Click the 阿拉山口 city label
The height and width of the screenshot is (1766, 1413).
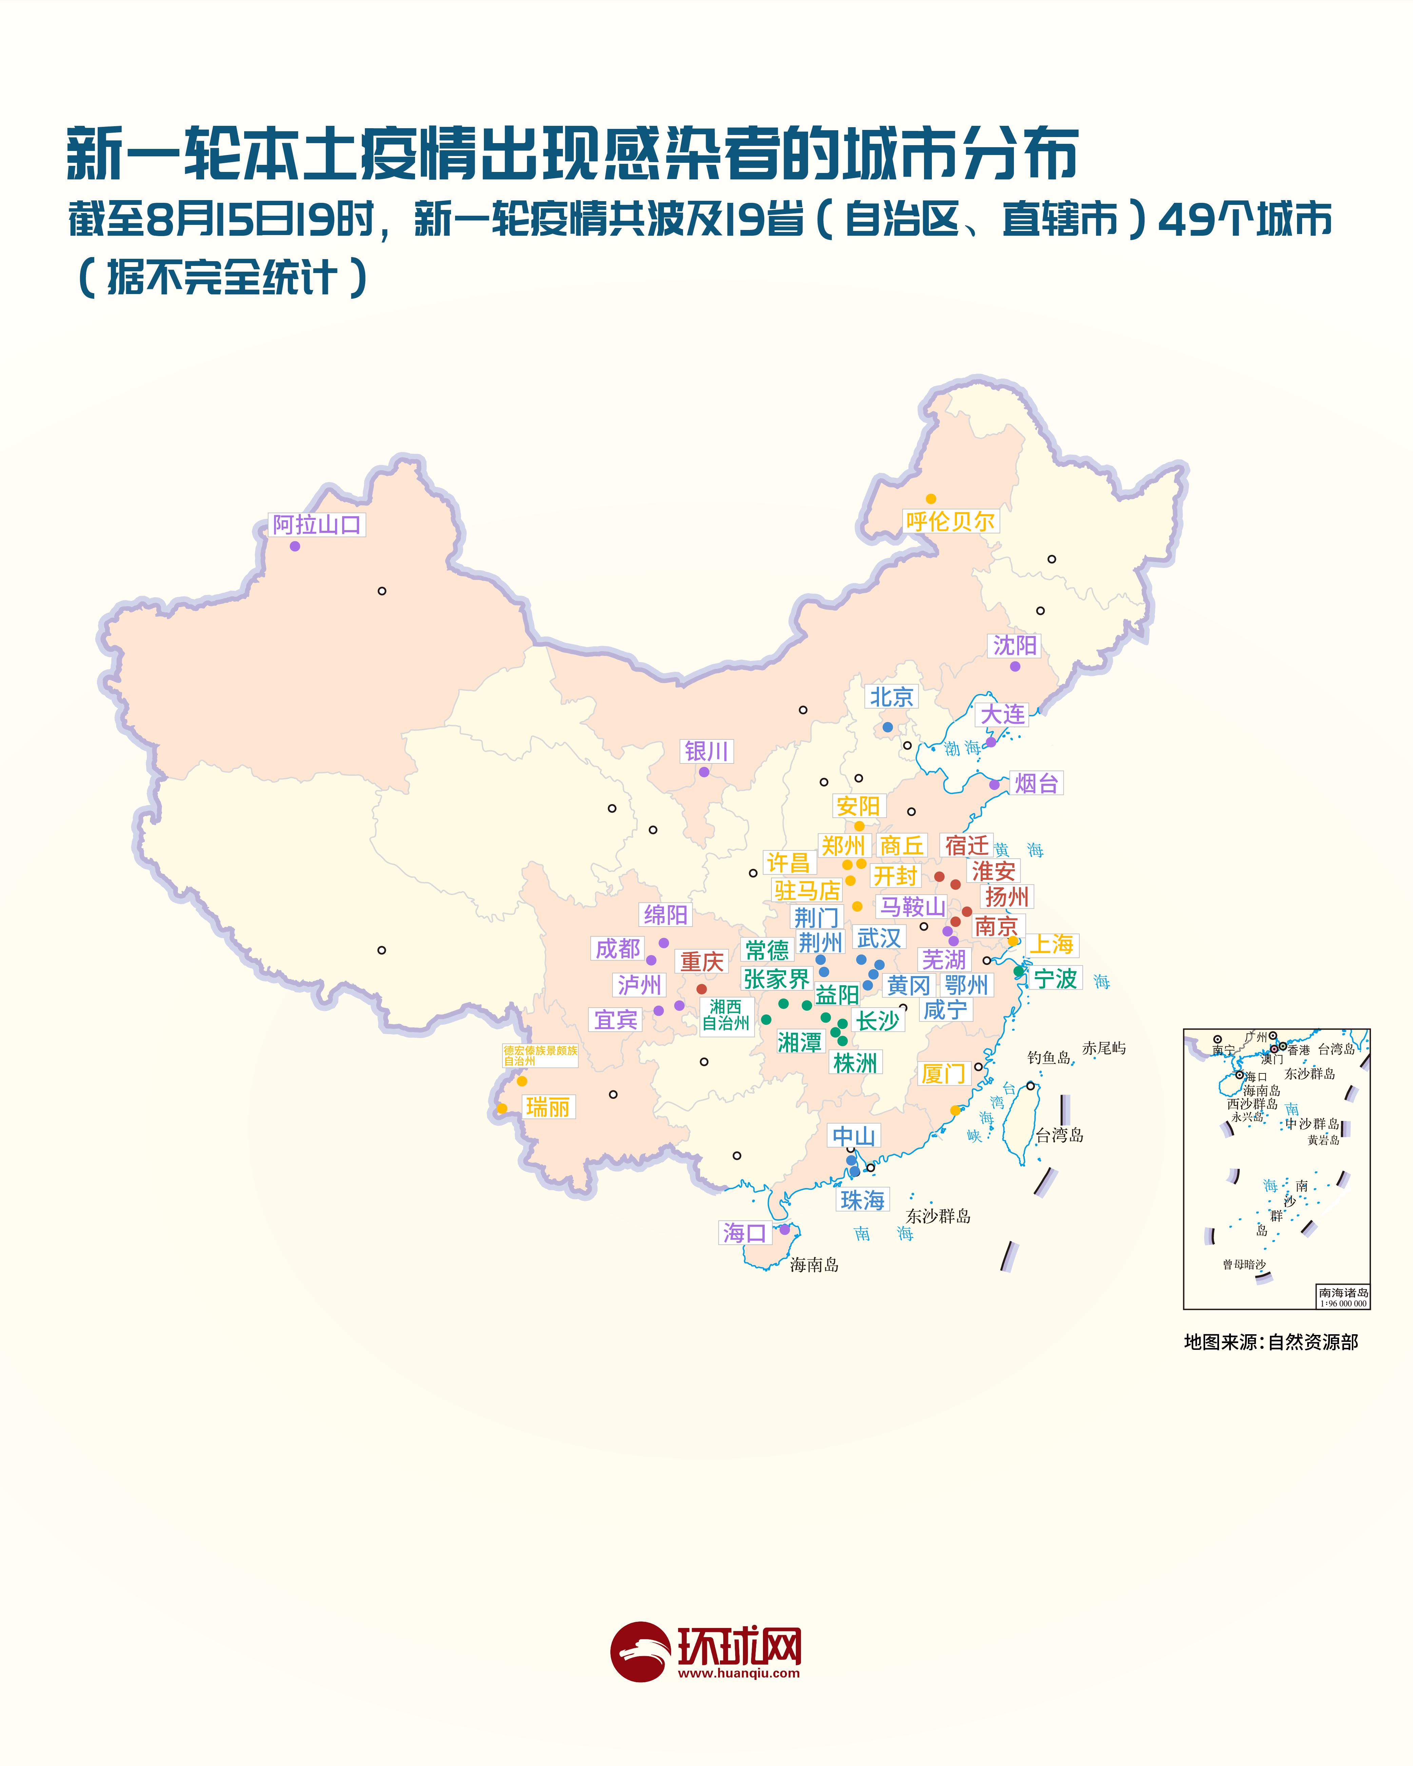(x=317, y=525)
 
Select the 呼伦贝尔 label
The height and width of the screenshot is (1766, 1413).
(x=950, y=521)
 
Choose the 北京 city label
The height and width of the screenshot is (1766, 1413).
(x=891, y=697)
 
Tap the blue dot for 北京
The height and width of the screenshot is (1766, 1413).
(x=887, y=726)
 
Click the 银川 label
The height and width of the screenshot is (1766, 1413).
(x=706, y=751)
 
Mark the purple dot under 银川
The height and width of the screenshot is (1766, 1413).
(x=704, y=772)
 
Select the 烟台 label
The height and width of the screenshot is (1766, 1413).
(x=1036, y=783)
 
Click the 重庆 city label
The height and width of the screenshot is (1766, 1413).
(x=702, y=962)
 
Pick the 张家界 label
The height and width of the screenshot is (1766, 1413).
(x=776, y=979)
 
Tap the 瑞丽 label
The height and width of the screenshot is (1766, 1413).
(x=547, y=1107)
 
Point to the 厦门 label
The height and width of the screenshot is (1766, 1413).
(x=944, y=1073)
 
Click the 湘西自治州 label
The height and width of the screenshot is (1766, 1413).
(x=726, y=1015)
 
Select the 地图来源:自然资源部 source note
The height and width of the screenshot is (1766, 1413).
(x=1271, y=1342)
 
